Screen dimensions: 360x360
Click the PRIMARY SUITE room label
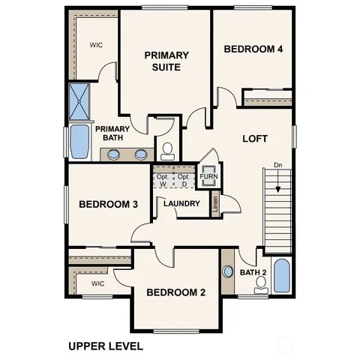(166, 61)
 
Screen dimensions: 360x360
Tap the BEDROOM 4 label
(253, 49)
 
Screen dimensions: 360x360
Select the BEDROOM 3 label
(108, 204)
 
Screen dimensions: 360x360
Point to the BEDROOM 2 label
(175, 292)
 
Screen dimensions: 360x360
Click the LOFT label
(255, 139)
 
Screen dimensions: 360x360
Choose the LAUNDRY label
(181, 203)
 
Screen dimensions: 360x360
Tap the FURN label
(208, 177)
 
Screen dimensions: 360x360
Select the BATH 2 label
(253, 272)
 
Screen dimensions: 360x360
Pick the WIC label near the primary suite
(97, 44)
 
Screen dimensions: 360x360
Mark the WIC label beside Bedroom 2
(97, 283)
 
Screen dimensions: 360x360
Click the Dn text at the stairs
(277, 165)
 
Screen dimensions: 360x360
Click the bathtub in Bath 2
(281, 275)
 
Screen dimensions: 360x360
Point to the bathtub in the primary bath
(79, 143)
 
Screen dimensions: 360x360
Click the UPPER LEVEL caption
(105, 346)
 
